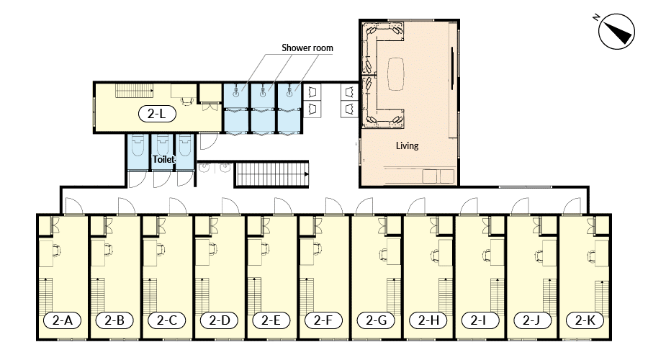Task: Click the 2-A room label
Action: pos(63,320)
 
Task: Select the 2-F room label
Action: pos(323,320)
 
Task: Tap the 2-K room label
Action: pos(585,320)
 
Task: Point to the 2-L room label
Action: pos(157,113)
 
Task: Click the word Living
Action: pos(407,145)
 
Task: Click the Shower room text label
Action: pos(307,48)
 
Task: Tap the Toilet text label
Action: pos(163,159)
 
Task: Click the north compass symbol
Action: pos(616,32)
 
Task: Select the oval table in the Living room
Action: pos(396,74)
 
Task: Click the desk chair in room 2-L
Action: pos(188,100)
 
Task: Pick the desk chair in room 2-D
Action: pos(213,249)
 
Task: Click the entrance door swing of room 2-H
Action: pos(416,206)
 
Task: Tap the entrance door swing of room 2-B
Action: pos(127,206)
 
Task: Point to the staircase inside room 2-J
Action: pos(549,297)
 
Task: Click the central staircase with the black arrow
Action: pos(271,174)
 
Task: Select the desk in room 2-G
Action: pos(393,251)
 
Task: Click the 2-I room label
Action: pos(480,320)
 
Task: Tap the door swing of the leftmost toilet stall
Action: pos(138,179)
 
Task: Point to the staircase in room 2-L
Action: pos(135,91)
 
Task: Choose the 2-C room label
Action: pos(166,320)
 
